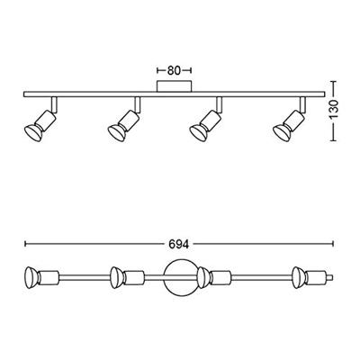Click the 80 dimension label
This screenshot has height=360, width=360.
click(174, 70)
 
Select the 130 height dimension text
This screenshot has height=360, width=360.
click(333, 111)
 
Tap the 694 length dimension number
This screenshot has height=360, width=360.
click(179, 244)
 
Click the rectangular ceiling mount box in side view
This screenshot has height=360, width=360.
click(174, 86)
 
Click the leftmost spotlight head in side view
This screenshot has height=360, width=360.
click(40, 125)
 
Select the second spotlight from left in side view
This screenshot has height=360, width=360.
click(123, 125)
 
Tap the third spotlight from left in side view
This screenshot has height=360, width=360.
click(205, 125)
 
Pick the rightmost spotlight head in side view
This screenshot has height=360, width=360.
click(289, 125)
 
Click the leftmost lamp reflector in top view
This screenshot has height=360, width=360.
click(31, 277)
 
